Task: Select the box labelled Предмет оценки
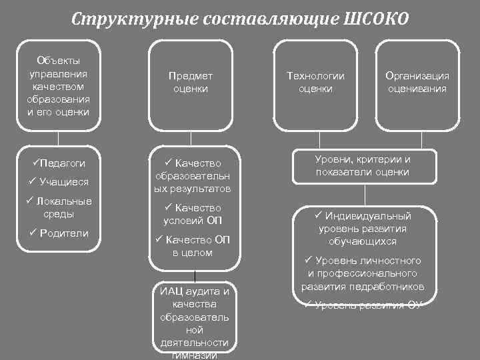click(x=191, y=83)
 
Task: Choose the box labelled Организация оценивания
click(x=417, y=83)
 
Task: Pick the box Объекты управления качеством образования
click(x=58, y=83)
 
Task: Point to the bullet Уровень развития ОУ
click(x=363, y=305)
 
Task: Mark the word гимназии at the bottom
click(x=194, y=355)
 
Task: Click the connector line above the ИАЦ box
click(x=194, y=277)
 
